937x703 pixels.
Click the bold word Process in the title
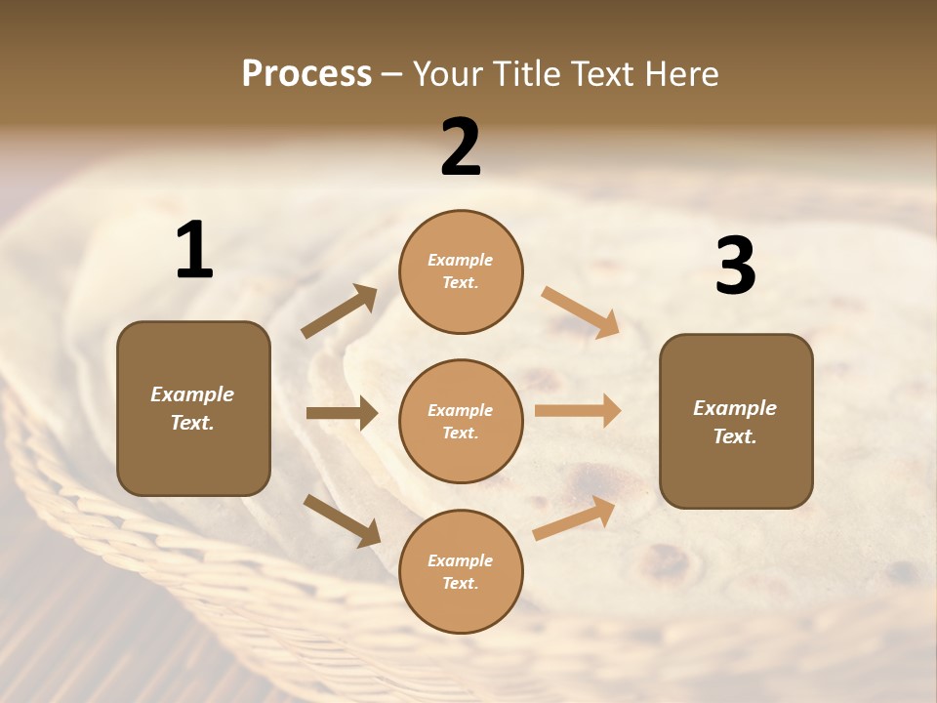[x=306, y=73]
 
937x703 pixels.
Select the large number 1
[x=194, y=251]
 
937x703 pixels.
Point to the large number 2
[x=461, y=147]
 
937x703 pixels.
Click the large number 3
[x=735, y=266]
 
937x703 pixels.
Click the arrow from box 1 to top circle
[x=339, y=312]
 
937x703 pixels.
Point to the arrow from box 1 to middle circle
[x=342, y=413]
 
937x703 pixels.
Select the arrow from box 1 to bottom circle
[x=342, y=520]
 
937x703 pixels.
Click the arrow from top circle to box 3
[x=580, y=312]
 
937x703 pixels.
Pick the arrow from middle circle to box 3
[x=578, y=410]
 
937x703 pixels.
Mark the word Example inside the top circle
[x=461, y=260]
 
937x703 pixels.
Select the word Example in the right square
[x=735, y=408]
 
